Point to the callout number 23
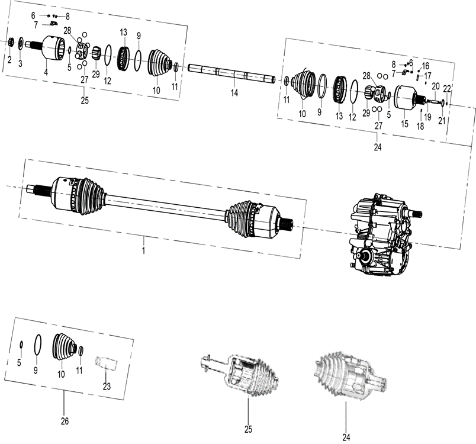pyautogui.click(x=106, y=387)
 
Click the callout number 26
pyautogui.click(x=65, y=422)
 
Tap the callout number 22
pyautogui.click(x=447, y=89)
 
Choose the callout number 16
pyautogui.click(x=426, y=66)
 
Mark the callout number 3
pyautogui.click(x=20, y=63)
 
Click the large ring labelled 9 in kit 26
pyautogui.click(x=37, y=346)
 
